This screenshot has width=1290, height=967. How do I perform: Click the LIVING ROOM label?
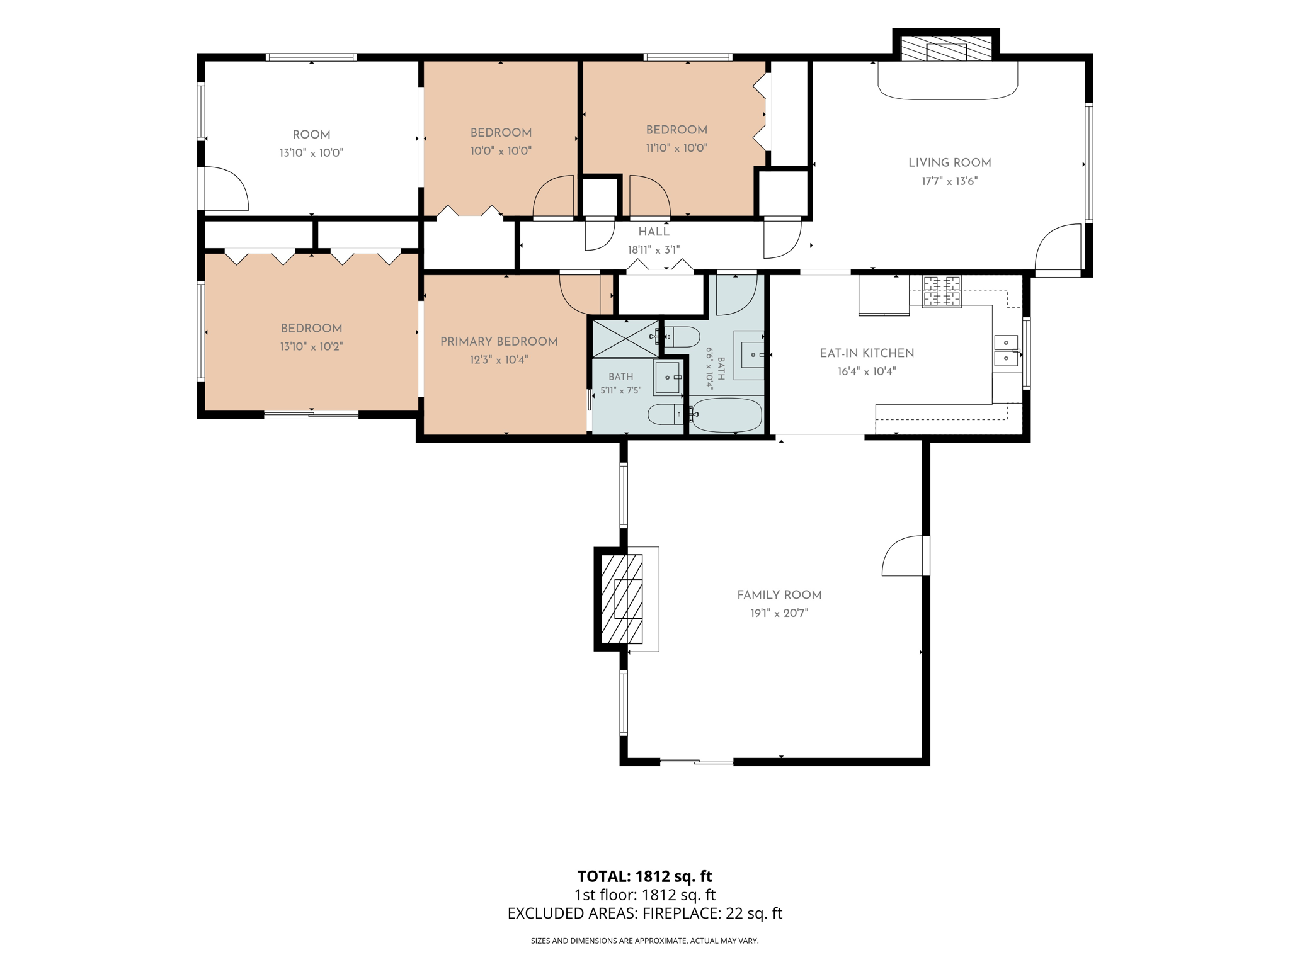pos(949,162)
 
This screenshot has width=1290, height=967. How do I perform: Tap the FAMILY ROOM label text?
pos(779,595)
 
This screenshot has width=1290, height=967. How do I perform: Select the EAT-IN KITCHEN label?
pos(867,353)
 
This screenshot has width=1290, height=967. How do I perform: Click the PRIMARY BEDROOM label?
pos(499,342)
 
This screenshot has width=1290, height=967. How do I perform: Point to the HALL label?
pos(654,232)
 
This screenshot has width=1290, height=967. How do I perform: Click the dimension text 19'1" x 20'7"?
pos(779,613)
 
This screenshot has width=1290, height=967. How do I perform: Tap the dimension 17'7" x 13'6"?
pos(949,181)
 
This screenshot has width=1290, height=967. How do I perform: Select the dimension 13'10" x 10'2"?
pos(311,346)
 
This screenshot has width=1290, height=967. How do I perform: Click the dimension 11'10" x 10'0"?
pos(676,148)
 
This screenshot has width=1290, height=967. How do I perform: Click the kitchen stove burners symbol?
pos(942,291)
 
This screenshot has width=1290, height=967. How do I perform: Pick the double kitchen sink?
pos(1006,351)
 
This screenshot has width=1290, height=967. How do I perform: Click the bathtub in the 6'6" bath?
pos(726,415)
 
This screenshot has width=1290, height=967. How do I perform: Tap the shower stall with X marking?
pos(625,338)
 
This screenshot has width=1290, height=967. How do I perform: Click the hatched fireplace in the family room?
pos(622,599)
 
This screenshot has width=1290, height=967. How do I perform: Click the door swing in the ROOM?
pos(226,188)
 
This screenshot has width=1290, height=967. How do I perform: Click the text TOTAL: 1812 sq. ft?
pos(644,876)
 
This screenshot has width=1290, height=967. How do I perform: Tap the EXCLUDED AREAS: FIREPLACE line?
pos(644,913)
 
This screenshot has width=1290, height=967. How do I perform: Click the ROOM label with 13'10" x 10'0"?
pos(311,135)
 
